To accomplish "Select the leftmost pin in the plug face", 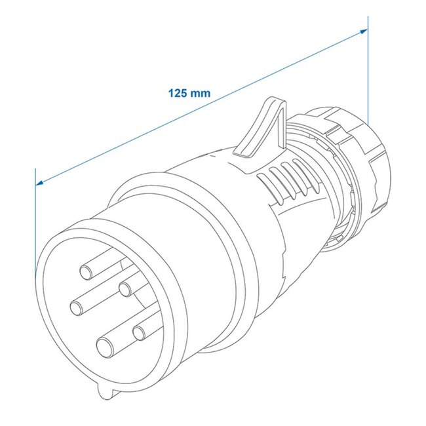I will [76, 305].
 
